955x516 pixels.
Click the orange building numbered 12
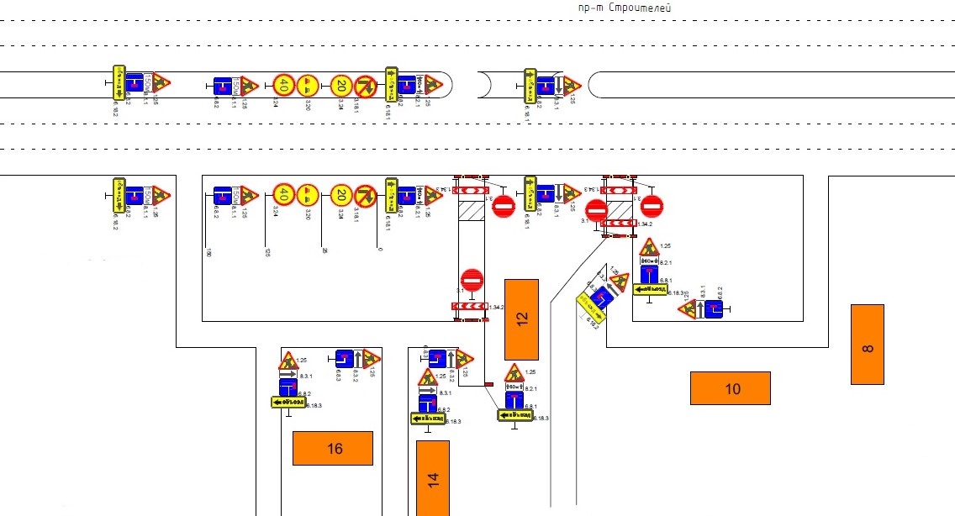(x=521, y=319)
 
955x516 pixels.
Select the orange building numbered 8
(x=868, y=345)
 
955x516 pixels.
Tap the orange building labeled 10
(x=731, y=388)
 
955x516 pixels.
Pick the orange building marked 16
(x=332, y=448)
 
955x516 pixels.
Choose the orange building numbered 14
(x=433, y=477)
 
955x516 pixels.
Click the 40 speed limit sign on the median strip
(x=284, y=85)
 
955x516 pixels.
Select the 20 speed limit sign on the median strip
(x=340, y=85)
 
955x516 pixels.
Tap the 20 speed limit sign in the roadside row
(x=340, y=196)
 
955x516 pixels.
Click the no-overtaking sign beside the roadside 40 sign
(x=309, y=196)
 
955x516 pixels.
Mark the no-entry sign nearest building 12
(x=472, y=280)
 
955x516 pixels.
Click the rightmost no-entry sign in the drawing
(x=652, y=205)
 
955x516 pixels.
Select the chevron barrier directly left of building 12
(x=471, y=306)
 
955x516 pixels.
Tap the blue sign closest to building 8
(x=714, y=309)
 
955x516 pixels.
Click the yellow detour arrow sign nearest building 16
(x=288, y=402)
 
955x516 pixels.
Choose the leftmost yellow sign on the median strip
(x=119, y=82)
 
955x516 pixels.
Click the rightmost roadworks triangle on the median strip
(x=572, y=85)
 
